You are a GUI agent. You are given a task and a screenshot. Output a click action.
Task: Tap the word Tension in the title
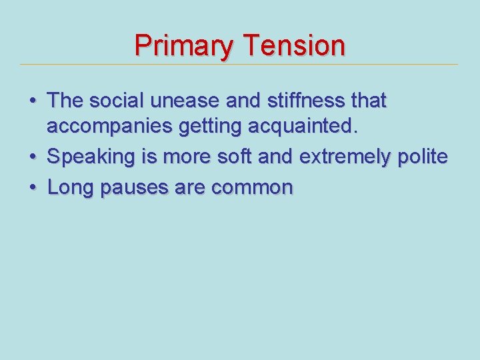294,46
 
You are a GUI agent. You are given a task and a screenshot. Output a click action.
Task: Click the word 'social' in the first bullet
117,101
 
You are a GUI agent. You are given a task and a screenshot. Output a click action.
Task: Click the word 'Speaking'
91,158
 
